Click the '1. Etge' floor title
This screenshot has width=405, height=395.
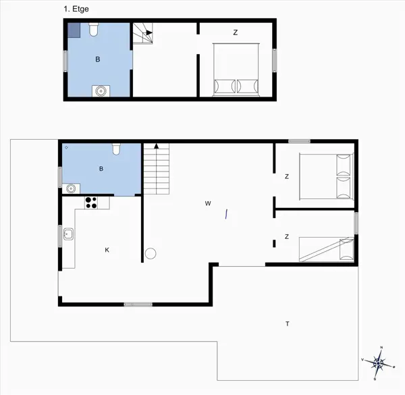point(76,9)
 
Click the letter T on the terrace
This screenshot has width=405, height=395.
point(288,324)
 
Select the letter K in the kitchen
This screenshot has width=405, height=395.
point(107,250)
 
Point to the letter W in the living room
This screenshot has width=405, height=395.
point(209,203)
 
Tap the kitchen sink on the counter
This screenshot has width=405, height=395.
point(68,234)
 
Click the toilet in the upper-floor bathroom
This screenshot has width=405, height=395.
point(94,30)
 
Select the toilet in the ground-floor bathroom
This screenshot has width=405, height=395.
point(116,149)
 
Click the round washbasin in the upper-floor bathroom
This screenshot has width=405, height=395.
point(101,90)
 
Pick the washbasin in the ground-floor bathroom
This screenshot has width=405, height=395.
point(70,188)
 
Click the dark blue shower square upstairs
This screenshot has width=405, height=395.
point(74,30)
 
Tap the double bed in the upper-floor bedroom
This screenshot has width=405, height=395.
point(236,70)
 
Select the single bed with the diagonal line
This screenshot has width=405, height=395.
point(327,248)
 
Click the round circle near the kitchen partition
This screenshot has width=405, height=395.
point(151,253)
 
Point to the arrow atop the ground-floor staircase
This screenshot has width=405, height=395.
point(157,145)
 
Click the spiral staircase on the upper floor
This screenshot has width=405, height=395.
point(144,32)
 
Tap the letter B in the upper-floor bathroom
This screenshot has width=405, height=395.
point(98,59)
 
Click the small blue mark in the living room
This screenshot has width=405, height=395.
point(227,214)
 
